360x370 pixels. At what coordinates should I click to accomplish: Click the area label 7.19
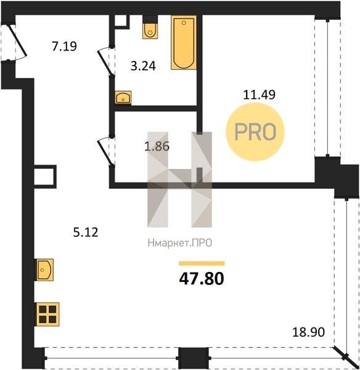pos(64,46)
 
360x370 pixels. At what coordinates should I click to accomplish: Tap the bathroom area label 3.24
pos(143,66)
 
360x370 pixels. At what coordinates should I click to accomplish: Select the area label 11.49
pos(259,94)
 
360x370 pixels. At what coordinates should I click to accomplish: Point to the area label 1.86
pos(157,146)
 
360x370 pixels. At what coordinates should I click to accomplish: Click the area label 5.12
pos(86,232)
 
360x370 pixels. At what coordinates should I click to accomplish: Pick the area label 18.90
pos(308,332)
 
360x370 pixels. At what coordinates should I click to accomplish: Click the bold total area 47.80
pos(202,279)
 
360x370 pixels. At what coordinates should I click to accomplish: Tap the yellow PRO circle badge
pos(255,132)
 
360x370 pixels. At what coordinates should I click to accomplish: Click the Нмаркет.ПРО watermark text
pos(180,243)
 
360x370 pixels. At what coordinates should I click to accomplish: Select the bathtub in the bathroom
pos(184,43)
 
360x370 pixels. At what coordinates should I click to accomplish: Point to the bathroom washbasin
pos(123,97)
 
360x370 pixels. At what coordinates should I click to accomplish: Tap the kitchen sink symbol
pos(44,269)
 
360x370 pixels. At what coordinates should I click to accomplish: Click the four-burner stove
pos(47,314)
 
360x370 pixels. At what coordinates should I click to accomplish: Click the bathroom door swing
pos(104,62)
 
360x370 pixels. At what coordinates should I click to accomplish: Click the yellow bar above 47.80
pos(202,263)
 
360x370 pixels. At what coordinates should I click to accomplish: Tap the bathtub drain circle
pos(184,23)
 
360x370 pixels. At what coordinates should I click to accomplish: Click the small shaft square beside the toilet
pos(121,22)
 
